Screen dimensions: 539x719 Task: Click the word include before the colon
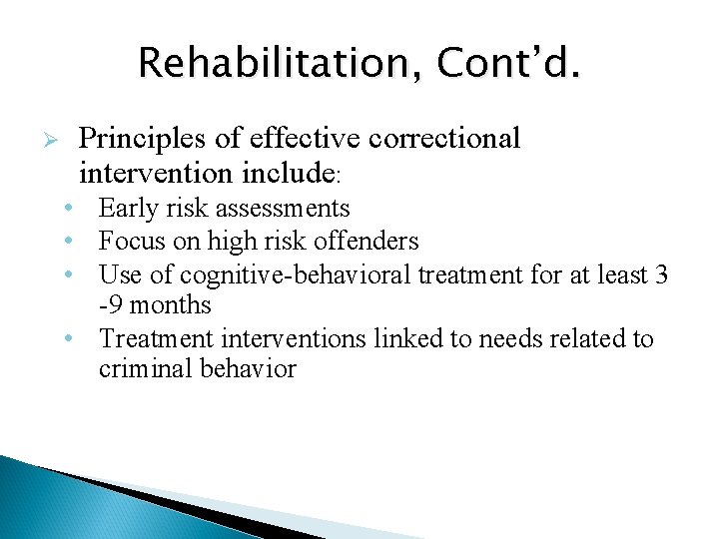(x=288, y=173)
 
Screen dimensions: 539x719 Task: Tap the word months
(x=171, y=304)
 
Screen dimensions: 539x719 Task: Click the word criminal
(x=141, y=369)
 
